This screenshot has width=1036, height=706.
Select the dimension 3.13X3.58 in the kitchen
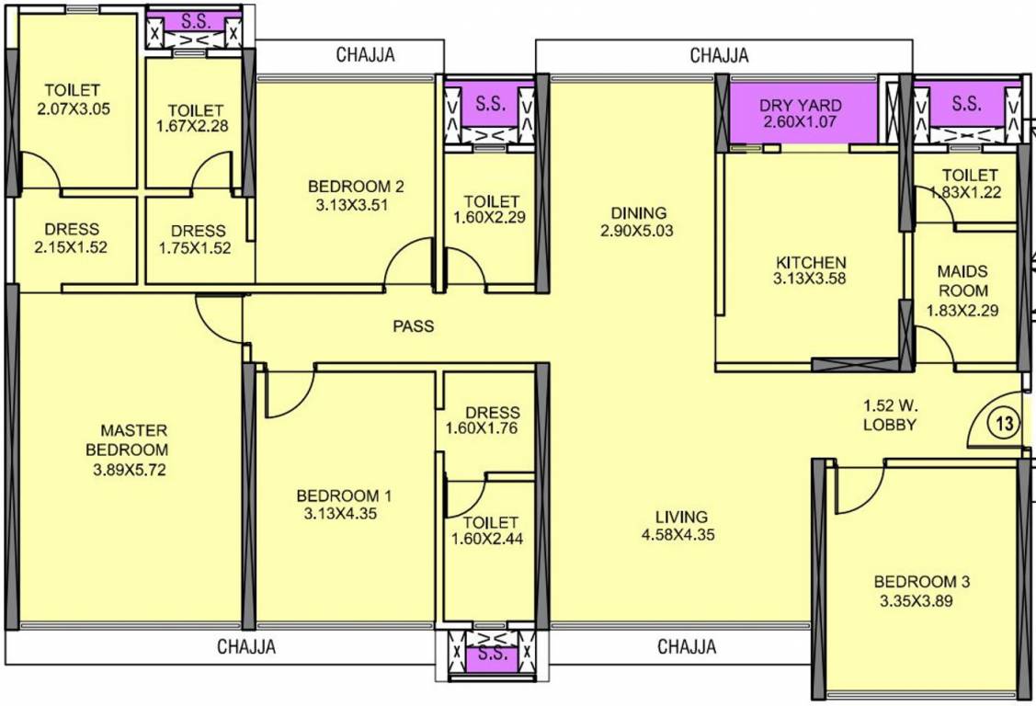pos(810,280)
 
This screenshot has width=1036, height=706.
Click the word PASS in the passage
pos(413,325)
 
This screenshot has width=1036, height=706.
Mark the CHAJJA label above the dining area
pos(719,55)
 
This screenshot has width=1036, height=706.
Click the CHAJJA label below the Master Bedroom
pos(245,647)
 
